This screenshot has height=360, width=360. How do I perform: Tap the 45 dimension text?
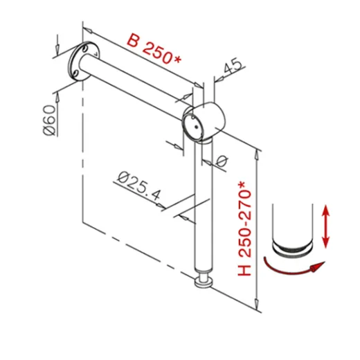click(233, 66)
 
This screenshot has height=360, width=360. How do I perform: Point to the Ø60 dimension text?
click(49, 119)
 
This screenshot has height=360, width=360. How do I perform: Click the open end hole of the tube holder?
click(192, 125)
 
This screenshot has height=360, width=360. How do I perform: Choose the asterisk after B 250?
click(178, 60)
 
